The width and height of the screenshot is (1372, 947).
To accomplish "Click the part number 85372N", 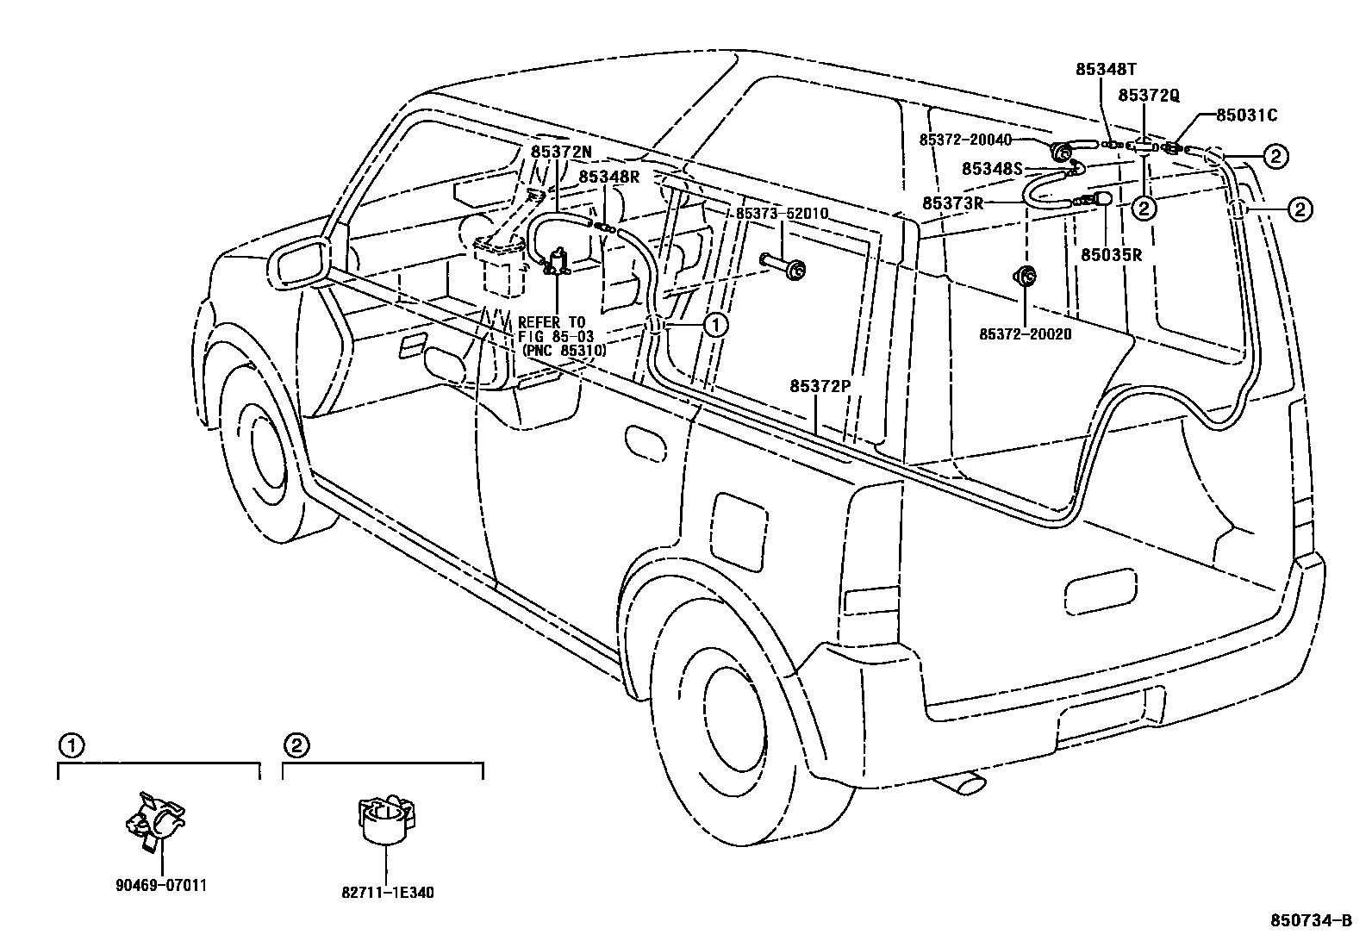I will coord(561,152).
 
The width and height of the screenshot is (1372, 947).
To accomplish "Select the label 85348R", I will coord(609,177).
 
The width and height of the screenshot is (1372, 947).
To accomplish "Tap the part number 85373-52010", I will coord(782,214).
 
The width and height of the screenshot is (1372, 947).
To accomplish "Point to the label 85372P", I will coord(820,387).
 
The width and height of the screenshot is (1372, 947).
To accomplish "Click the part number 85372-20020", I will coord(1026,333).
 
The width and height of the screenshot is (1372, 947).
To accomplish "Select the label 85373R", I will coord(953,203).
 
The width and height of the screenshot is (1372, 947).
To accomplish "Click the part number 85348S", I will coord(992,169).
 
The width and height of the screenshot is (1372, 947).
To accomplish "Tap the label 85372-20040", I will coord(964,140).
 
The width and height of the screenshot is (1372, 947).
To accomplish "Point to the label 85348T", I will coord(1107,69).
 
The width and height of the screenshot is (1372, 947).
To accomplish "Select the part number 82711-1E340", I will coord(388,893).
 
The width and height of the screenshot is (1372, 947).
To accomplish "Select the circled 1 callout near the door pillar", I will coord(716,325).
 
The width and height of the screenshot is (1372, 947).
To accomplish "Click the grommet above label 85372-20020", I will coord(1026,277).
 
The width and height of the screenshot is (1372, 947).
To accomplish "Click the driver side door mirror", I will coord(297,261).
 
